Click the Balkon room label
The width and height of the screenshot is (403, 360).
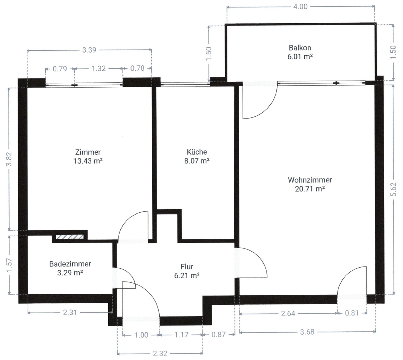pos(300,48)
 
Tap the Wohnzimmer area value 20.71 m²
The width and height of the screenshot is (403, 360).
pos(310,189)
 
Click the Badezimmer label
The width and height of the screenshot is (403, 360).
pos(70,264)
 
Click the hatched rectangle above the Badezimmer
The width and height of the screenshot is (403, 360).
pos(69,237)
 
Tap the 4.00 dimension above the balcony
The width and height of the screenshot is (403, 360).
pos(300,6)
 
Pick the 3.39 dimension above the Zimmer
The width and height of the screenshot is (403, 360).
pos(89,50)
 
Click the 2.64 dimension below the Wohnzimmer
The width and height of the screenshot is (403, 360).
pos(288,313)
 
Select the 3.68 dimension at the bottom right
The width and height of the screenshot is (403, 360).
pos(307,332)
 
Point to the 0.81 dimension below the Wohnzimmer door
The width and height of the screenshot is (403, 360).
pos(352,313)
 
